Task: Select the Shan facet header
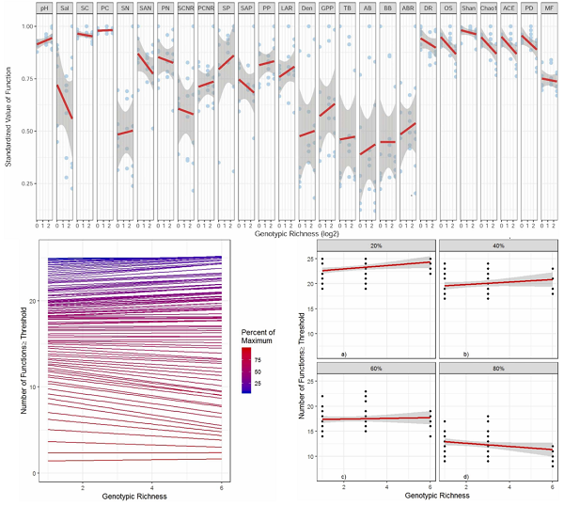[468, 8]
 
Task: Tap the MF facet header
[550, 8]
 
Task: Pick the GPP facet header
[326, 8]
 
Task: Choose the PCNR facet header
[206, 8]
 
